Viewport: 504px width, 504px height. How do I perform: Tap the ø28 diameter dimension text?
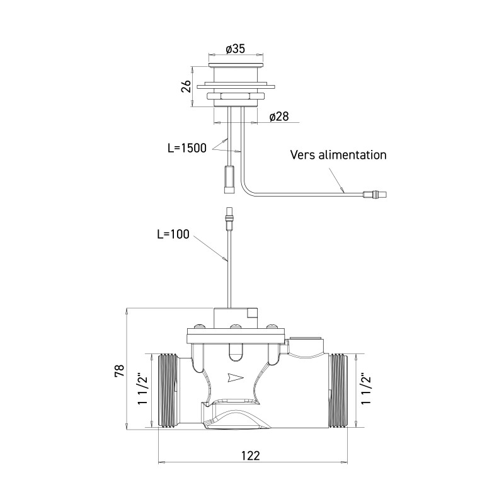point(278,117)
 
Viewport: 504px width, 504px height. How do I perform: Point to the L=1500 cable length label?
point(187,149)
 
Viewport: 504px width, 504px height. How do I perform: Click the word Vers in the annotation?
point(303,154)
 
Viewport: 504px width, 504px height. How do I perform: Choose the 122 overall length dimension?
point(251,455)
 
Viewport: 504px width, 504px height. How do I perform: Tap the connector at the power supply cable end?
point(376,194)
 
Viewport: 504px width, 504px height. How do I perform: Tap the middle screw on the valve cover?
point(236,327)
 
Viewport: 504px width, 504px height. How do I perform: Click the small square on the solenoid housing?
point(253,313)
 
